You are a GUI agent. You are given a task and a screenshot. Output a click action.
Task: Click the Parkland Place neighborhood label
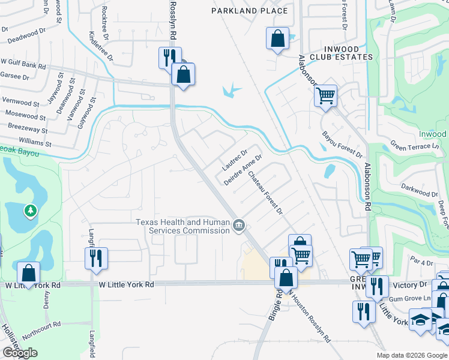(250, 11)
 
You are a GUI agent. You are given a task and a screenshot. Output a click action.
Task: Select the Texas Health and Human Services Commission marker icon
(239, 226)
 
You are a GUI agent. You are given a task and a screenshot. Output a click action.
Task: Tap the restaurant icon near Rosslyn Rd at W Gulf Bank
(167, 56)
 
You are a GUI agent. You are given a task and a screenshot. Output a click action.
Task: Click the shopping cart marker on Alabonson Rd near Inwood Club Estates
(325, 95)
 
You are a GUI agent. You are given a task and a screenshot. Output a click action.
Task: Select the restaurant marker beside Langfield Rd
(96, 258)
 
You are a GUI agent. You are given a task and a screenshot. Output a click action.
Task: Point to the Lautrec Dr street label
(235, 160)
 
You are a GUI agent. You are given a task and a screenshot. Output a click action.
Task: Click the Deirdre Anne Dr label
(243, 170)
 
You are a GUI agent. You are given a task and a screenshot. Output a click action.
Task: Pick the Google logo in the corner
(20, 353)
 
